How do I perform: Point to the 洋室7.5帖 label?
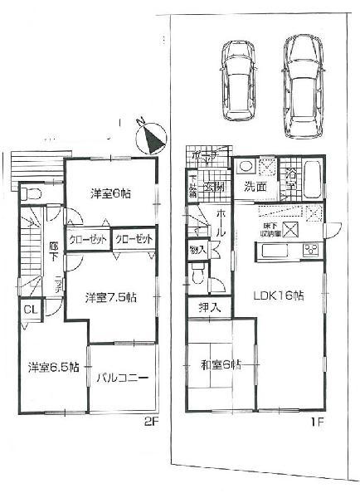[x=109, y=296]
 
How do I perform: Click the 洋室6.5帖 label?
[x=52, y=366]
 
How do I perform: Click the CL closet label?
[x=29, y=310]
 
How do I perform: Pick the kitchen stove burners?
[x=313, y=248]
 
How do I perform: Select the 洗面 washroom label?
[x=255, y=188]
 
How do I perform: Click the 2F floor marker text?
[x=149, y=420]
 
